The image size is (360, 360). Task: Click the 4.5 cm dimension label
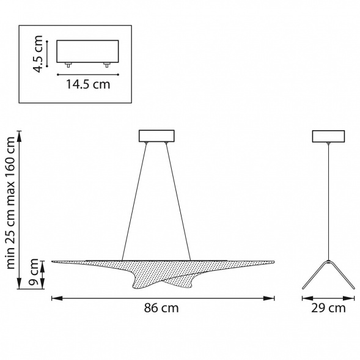(38, 54)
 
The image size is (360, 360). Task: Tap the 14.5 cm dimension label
(88, 84)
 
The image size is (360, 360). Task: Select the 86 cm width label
(161, 308)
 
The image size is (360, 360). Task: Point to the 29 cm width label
(328, 308)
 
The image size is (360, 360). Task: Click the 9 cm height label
(34, 271)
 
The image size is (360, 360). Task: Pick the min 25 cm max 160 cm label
(10, 202)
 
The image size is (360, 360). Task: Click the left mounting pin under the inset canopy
(68, 65)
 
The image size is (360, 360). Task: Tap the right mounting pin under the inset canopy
(107, 65)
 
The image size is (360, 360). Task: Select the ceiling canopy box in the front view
(156, 136)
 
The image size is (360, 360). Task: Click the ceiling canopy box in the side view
(328, 136)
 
